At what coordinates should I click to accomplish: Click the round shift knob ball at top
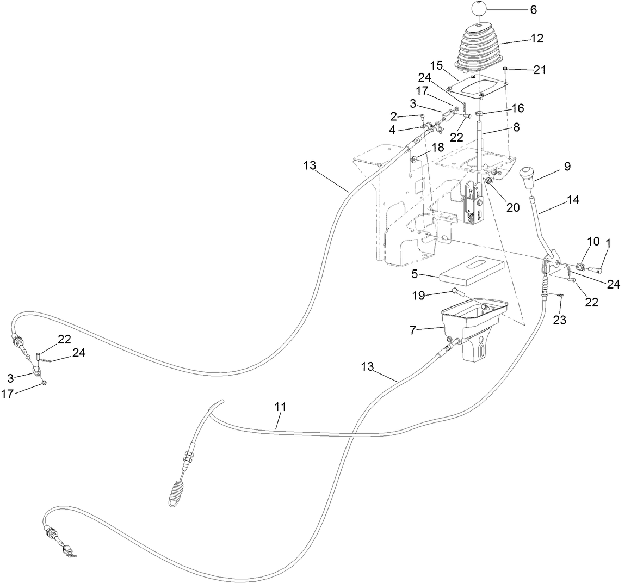pyautogui.click(x=478, y=9)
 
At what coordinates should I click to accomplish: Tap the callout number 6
pyautogui.click(x=518, y=10)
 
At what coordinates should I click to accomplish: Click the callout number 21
pyautogui.click(x=540, y=70)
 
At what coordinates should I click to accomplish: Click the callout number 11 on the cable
pyautogui.click(x=280, y=406)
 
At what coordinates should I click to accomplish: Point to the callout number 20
pyautogui.click(x=512, y=207)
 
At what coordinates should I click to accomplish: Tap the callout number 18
pyautogui.click(x=438, y=147)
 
